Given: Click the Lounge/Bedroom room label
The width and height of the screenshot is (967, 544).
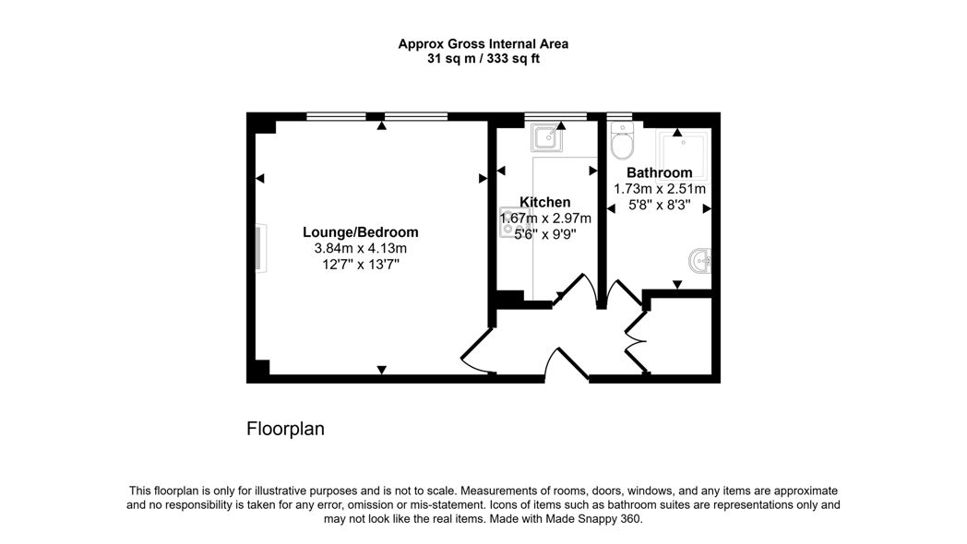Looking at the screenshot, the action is click(x=360, y=232).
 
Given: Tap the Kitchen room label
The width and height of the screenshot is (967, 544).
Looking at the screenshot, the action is click(x=544, y=202).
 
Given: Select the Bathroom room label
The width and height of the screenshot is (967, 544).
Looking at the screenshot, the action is click(x=659, y=172).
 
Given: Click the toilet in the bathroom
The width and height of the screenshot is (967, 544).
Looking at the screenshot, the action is click(x=622, y=140).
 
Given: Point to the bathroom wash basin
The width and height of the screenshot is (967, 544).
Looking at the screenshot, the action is click(x=700, y=261).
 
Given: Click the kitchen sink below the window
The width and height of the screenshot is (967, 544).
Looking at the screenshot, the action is click(x=546, y=136).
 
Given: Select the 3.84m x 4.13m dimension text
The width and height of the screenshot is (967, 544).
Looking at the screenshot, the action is click(x=360, y=249).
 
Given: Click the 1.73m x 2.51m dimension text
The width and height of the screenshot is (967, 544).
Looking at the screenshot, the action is click(x=659, y=189).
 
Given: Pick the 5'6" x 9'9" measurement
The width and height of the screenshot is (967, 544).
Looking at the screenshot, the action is click(x=545, y=234).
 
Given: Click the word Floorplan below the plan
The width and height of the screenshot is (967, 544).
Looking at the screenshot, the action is click(x=285, y=429).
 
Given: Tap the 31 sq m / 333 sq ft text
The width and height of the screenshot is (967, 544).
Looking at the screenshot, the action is click(x=483, y=59).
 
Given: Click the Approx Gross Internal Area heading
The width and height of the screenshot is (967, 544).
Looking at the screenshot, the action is click(x=483, y=43).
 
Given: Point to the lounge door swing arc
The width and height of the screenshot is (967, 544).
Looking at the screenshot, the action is click(x=478, y=350).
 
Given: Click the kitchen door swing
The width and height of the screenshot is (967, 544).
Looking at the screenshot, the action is click(x=577, y=290).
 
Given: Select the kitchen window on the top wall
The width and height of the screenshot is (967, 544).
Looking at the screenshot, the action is click(x=555, y=116).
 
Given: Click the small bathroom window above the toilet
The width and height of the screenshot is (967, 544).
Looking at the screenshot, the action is click(x=619, y=116).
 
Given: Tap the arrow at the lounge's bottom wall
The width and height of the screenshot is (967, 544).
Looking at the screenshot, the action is click(x=382, y=370).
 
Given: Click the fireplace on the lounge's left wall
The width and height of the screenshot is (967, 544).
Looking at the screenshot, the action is click(x=261, y=248).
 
